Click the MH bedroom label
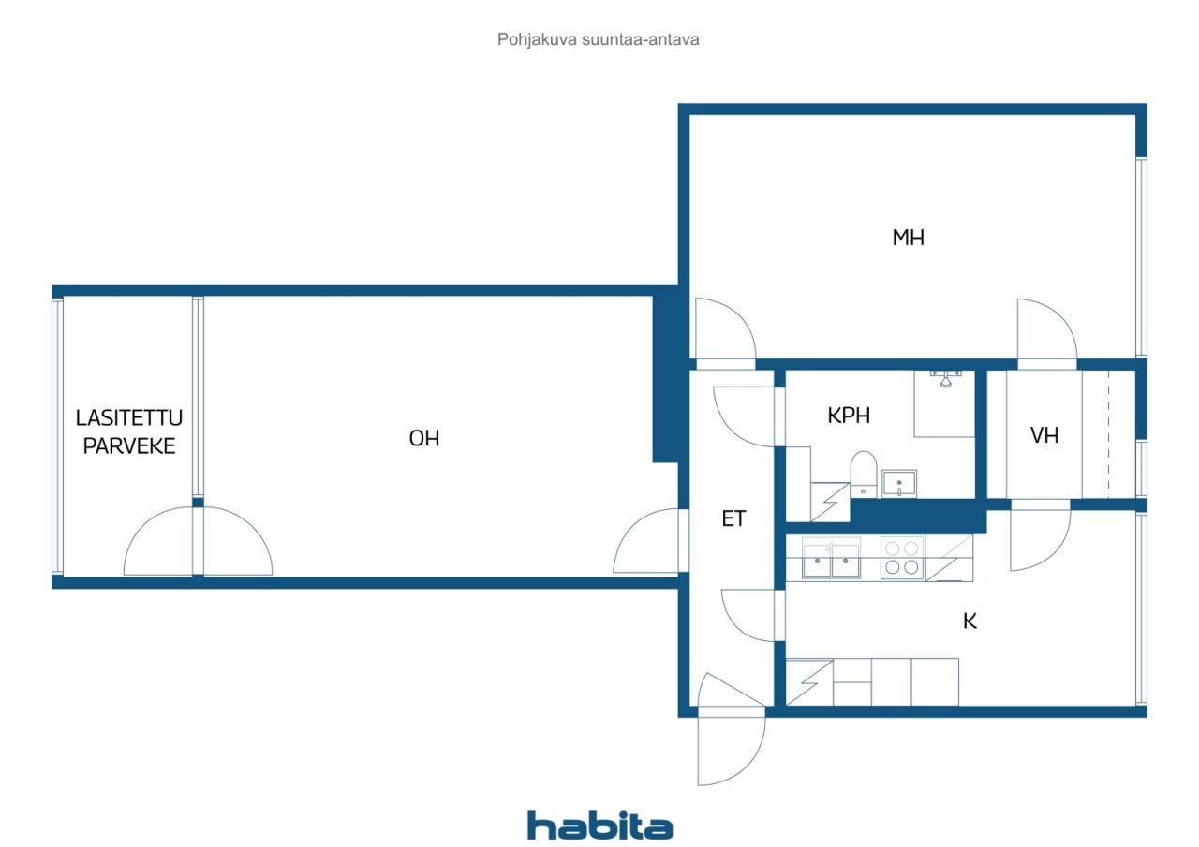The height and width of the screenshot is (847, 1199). [x=909, y=238]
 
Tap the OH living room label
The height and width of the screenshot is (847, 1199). [x=424, y=438]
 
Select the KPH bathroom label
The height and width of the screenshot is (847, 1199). [x=849, y=416]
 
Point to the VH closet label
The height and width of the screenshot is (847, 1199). [x=1044, y=435]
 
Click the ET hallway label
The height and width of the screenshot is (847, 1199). [x=733, y=518]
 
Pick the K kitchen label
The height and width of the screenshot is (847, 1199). [x=970, y=621]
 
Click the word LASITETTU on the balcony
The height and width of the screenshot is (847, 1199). [x=129, y=417]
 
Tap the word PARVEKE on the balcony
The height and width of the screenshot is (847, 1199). [x=129, y=445]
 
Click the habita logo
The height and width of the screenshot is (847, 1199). [x=600, y=825]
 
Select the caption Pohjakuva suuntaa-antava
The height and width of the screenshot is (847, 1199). [x=598, y=39]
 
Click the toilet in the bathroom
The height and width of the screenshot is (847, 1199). [x=863, y=474]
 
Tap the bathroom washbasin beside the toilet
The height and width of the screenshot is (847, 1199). [x=899, y=483]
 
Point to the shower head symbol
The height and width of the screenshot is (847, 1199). [x=945, y=378]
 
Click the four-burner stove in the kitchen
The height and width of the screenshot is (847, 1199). [x=902, y=558]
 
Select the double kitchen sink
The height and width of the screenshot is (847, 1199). [x=831, y=560]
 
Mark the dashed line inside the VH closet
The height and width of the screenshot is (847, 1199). [x=1108, y=434]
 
